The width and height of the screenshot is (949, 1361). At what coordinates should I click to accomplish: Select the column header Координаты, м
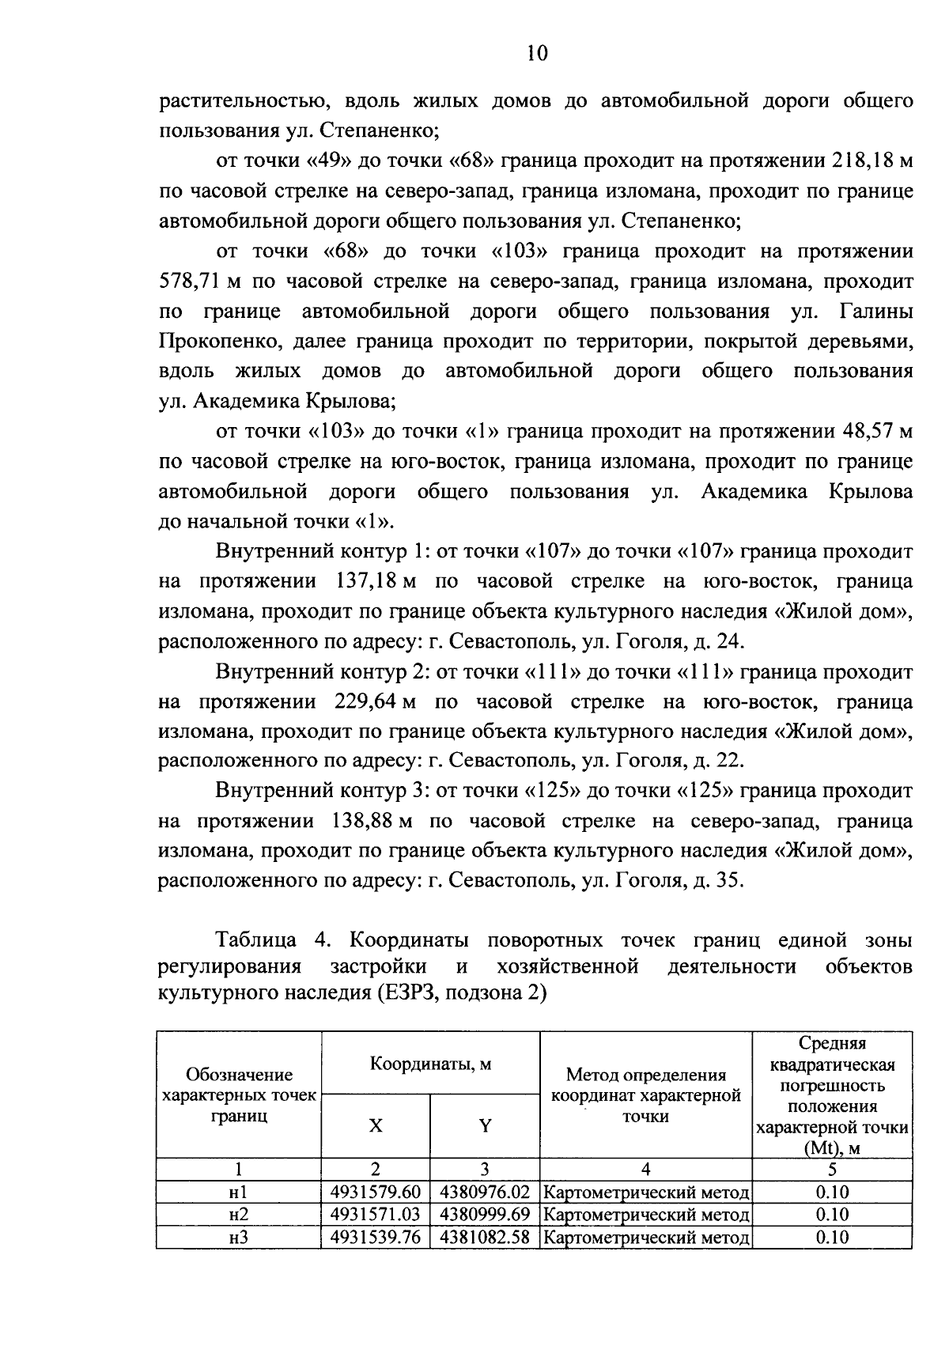(430, 1064)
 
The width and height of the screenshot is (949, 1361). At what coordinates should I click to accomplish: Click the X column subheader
(376, 1125)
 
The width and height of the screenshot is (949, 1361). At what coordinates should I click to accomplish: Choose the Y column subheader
(485, 1125)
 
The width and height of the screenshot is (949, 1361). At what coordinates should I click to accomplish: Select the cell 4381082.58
(485, 1237)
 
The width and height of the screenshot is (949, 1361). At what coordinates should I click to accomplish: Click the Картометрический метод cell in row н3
(646, 1237)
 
